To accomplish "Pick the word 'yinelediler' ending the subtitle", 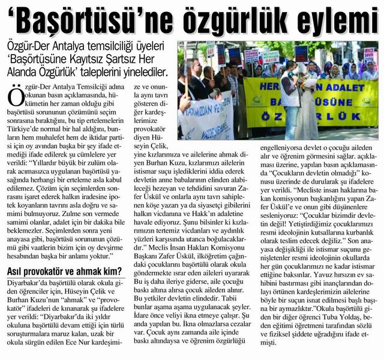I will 143,74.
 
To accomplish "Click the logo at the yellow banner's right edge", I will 365,101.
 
